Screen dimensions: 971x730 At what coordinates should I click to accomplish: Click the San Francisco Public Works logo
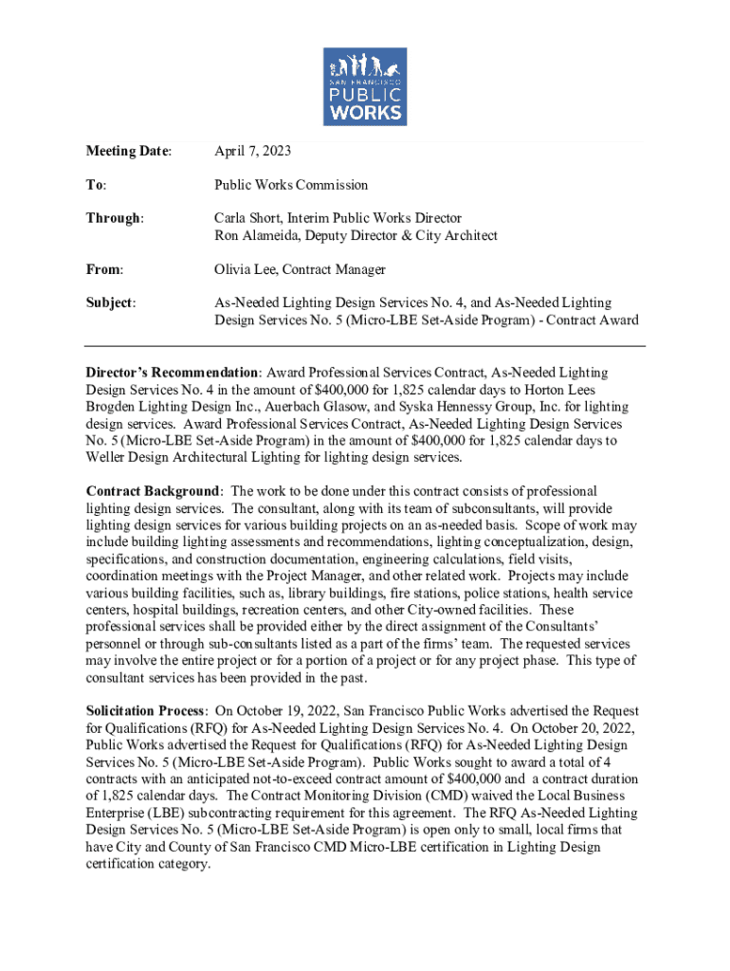click(x=365, y=86)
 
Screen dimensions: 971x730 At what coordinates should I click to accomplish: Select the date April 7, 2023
click(x=252, y=151)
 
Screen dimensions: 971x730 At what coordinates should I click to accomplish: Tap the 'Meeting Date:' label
click(x=129, y=151)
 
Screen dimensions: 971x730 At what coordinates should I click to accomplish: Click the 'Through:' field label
click(x=116, y=218)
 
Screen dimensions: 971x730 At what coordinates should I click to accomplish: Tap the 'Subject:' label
click(x=111, y=303)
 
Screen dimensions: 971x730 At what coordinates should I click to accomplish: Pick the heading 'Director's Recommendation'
click(x=173, y=373)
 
